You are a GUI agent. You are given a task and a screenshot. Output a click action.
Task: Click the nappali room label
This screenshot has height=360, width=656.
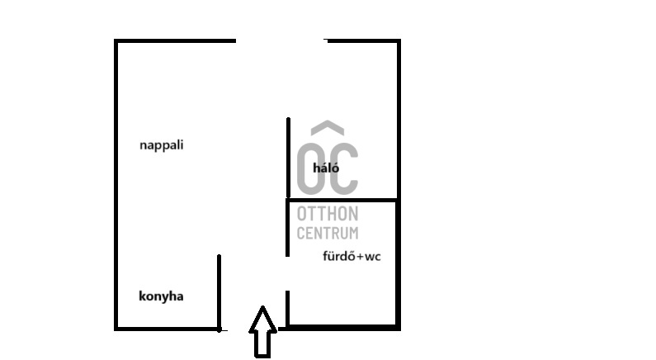coord(162,145)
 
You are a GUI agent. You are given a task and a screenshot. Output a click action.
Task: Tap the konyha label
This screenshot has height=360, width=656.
coord(161,296)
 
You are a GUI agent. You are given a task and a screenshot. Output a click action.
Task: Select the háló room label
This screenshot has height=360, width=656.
coord(326,168)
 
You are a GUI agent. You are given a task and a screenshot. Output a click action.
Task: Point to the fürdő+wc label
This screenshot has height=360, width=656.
coord(352,256)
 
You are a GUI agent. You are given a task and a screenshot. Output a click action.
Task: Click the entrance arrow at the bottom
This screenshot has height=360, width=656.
coord(262,332)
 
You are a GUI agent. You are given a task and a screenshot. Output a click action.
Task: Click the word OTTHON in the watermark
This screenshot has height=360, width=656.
coord(328,216)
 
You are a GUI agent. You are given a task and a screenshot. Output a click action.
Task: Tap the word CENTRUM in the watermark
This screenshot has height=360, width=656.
coord(328,234)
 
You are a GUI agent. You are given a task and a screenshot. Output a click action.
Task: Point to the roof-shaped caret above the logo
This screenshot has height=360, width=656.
coord(328,129)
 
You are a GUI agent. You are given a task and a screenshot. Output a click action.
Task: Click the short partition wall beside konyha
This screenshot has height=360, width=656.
coord(219,292)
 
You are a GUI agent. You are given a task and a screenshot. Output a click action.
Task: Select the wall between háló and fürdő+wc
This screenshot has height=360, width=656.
coord(342,200)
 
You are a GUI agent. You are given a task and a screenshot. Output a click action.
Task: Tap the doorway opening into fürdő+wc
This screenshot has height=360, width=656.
coord(287,273)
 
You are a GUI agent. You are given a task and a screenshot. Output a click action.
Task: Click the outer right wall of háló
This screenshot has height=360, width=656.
coord(399,120)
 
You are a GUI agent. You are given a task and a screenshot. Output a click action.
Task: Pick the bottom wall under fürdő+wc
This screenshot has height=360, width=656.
coord(342,328)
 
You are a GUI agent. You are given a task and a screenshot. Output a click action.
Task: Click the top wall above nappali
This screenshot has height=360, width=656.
coord(175,41)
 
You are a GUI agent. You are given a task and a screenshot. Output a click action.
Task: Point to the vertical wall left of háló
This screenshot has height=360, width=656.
coord(288,157)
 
